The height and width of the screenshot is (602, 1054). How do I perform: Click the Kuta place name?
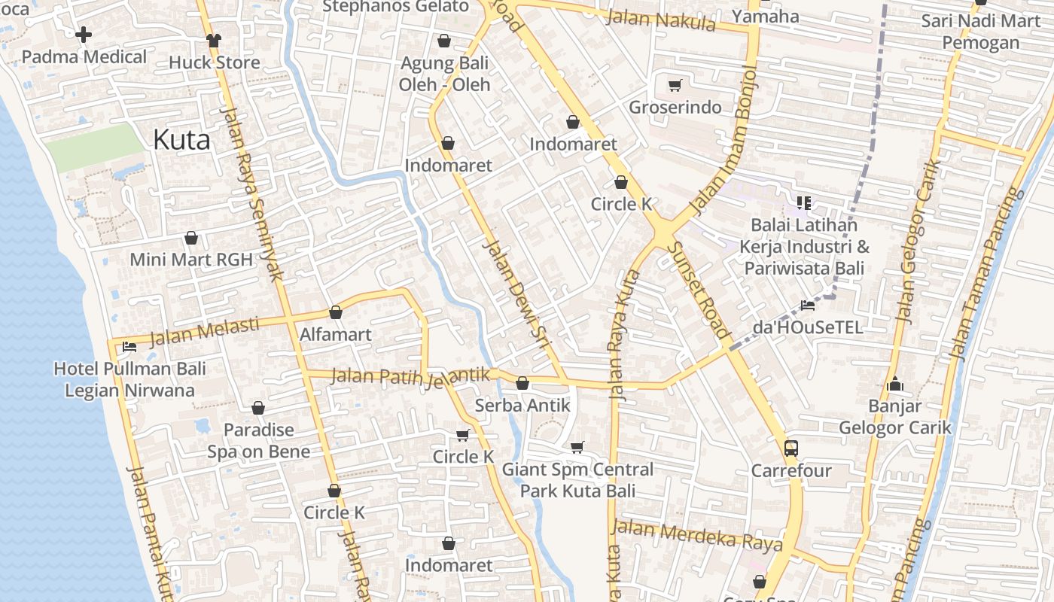pyautogui.click(x=181, y=139)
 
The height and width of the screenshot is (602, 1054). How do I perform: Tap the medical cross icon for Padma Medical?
pyautogui.click(x=84, y=34)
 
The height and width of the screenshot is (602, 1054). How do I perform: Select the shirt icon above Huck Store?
pyautogui.click(x=214, y=40)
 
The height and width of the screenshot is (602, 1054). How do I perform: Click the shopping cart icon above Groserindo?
pyautogui.click(x=675, y=85)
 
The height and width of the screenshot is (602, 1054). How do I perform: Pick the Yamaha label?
pyautogui.click(x=766, y=17)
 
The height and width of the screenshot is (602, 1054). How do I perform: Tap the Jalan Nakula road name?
pyautogui.click(x=660, y=20)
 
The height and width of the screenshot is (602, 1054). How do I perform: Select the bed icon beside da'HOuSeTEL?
pyautogui.click(x=808, y=305)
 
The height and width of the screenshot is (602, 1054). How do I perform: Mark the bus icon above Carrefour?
pyautogui.click(x=790, y=448)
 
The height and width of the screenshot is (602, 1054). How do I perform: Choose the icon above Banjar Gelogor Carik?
pyautogui.click(x=894, y=385)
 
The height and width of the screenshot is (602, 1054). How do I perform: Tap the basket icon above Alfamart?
pyautogui.click(x=336, y=312)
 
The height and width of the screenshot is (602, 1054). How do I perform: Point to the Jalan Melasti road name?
pyautogui.click(x=204, y=332)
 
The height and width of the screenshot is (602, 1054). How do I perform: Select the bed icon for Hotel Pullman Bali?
pyautogui.click(x=129, y=347)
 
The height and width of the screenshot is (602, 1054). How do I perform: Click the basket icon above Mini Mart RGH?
pyautogui.click(x=191, y=238)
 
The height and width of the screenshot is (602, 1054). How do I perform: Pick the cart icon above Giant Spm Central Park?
pyautogui.click(x=577, y=448)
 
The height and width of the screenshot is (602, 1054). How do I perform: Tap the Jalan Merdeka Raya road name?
pyautogui.click(x=696, y=536)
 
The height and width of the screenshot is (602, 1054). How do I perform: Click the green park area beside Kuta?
pyautogui.click(x=92, y=147)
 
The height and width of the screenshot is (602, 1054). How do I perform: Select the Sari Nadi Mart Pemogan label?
pyautogui.click(x=980, y=32)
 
